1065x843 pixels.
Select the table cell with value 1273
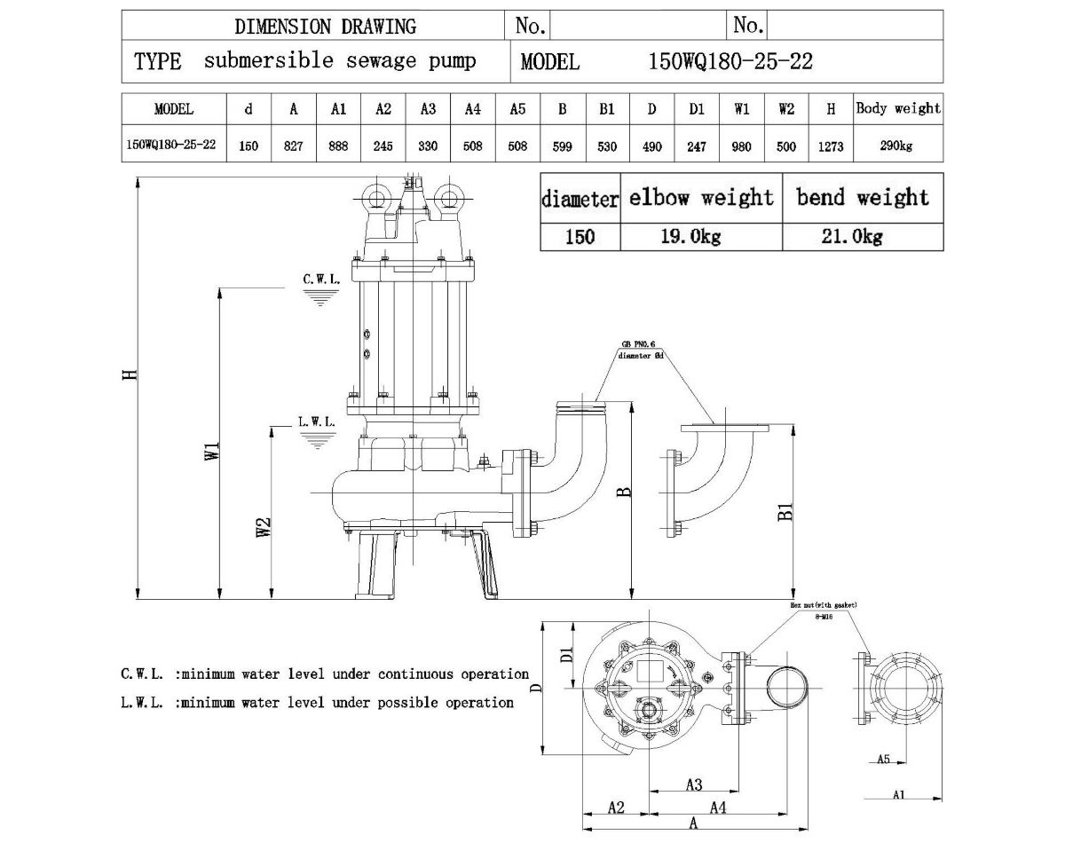pos(831,146)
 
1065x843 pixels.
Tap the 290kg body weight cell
pos(896,146)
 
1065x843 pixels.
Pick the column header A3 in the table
pos(428,110)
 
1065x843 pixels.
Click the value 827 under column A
pos(293,146)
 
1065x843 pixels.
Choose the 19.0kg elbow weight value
pos(700,236)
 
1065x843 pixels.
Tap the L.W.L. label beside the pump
pos(317,422)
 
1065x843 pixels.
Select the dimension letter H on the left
pos(130,376)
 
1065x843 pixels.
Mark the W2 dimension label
pos(264,528)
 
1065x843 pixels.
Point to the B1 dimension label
pos(785,513)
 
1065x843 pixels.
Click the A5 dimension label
pos(884,759)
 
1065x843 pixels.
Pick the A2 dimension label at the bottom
pos(616,808)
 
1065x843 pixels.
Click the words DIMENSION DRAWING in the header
pos(325,26)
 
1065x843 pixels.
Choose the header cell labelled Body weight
pos(897,109)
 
